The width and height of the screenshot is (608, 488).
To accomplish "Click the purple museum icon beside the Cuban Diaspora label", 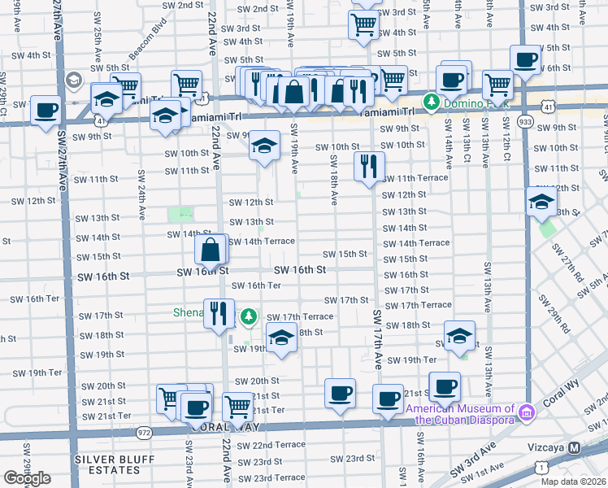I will pos(526,414).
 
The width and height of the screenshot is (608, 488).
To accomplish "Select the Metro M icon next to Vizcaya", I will pos(575,447).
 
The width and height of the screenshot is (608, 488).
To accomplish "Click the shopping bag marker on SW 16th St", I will pos(211,250).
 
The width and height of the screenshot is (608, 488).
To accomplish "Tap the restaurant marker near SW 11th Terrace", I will pos(369,167).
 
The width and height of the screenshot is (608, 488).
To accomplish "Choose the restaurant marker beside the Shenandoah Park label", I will pos(218,313).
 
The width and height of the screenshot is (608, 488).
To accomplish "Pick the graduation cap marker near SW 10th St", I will pos(263,146).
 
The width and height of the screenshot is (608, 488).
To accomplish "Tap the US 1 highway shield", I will pos(541,466).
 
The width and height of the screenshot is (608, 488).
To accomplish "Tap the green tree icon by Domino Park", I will pos(431,102).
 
